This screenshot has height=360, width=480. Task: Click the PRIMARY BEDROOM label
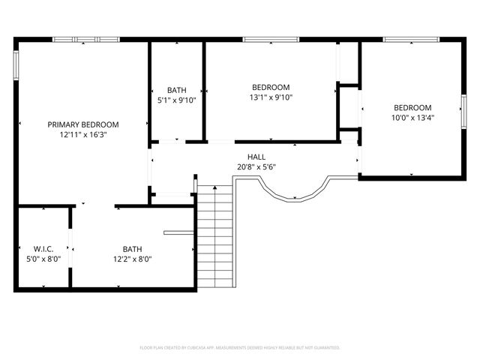(x=83, y=124)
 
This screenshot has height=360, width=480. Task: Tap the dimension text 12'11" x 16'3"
(x=83, y=135)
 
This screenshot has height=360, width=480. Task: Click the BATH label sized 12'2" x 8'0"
(x=132, y=249)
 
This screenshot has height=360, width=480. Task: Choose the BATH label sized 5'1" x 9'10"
(x=176, y=89)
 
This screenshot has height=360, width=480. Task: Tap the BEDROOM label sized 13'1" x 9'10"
(x=271, y=87)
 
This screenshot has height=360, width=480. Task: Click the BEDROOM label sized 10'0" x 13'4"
(x=412, y=107)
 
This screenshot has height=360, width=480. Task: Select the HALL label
(x=256, y=157)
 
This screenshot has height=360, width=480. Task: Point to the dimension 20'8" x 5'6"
(x=256, y=167)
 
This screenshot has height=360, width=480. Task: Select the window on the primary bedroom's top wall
(x=85, y=39)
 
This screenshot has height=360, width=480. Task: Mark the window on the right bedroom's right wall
(x=463, y=109)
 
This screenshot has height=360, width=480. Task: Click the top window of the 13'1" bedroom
(x=271, y=39)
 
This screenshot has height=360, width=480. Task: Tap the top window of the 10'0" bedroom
(x=411, y=39)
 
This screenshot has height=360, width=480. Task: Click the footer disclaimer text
(x=240, y=348)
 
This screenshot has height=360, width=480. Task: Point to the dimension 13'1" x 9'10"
(x=271, y=97)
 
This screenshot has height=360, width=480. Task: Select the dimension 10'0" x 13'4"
(x=412, y=118)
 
